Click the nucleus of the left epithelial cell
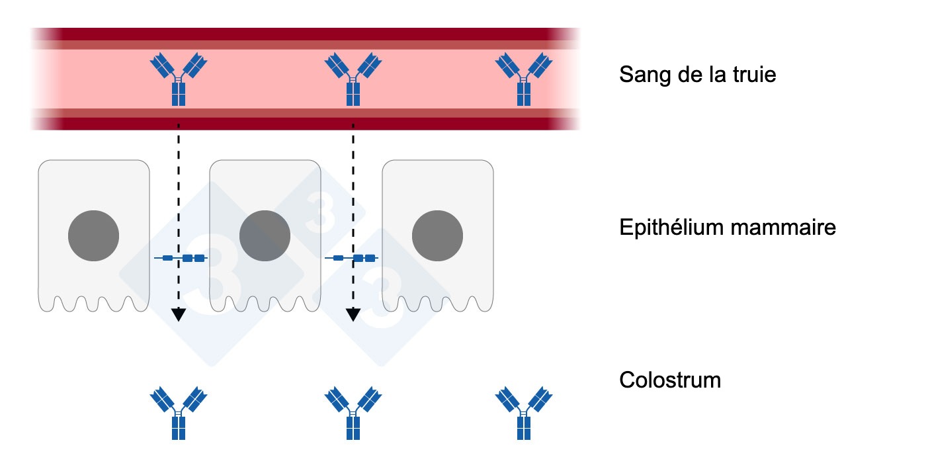coord(94,235)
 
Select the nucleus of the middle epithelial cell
coord(265,235)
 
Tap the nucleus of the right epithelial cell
coord(437,235)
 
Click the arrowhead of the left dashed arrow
coord(178,314)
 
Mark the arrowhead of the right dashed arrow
coord(353,314)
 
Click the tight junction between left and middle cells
coord(181,258)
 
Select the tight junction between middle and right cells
coord(353,258)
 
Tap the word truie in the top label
coord(751,75)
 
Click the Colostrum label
coord(669,381)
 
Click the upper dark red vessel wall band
coord(304,34)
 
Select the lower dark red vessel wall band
coord(304,122)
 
